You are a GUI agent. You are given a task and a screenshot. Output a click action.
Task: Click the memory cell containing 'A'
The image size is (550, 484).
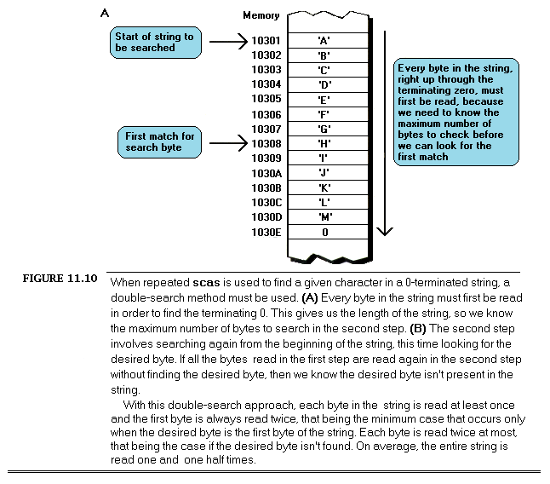point(324,39)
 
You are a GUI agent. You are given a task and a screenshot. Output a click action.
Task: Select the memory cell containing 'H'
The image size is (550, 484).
point(324,144)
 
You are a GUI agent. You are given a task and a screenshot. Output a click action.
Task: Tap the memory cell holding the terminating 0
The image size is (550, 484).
point(324,232)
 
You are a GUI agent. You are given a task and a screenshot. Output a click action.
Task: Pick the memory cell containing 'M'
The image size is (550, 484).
point(324,217)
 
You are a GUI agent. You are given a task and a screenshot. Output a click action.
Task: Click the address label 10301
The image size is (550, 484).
point(266,39)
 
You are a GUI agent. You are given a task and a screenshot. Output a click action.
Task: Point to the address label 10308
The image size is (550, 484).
point(266,144)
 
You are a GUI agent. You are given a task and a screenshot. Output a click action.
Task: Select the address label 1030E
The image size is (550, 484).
point(266,232)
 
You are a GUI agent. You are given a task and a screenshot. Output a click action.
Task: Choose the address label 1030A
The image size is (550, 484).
point(266,173)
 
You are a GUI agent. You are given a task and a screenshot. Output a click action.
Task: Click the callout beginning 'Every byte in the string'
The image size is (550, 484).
point(456,111)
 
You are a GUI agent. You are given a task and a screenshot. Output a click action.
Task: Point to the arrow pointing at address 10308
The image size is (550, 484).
point(227,144)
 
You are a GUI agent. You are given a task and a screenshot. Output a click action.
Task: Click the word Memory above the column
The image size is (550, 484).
point(261,15)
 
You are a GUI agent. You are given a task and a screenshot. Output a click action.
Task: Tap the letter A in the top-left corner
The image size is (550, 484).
point(104,13)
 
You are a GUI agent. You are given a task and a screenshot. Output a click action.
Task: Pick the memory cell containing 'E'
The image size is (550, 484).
point(324,99)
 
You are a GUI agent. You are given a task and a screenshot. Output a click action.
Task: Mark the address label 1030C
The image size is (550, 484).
point(266,203)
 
